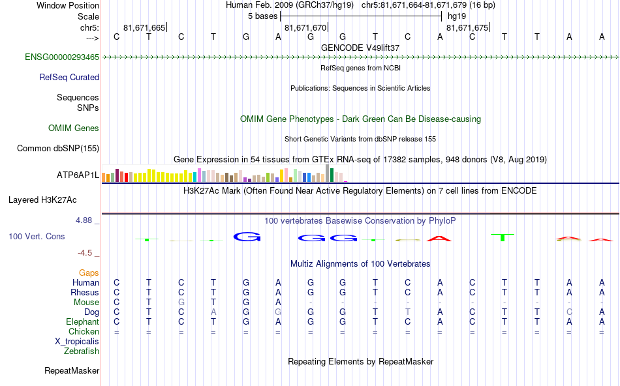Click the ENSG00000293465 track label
click(62, 57)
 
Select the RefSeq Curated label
click(69, 77)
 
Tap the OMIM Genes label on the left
click(74, 128)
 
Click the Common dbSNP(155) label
click(58, 148)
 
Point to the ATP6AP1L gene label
click(78, 175)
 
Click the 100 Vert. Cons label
click(37, 236)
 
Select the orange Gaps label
click(89, 273)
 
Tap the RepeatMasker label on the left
click(72, 371)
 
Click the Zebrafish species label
click(82, 351)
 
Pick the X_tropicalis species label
click(77, 341)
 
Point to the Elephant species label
click(82, 321)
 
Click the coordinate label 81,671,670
click(305, 28)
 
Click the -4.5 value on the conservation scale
click(87, 253)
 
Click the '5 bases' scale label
click(262, 16)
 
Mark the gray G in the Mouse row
click(181, 302)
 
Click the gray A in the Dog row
click(213, 312)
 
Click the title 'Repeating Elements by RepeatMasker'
click(360, 361)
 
